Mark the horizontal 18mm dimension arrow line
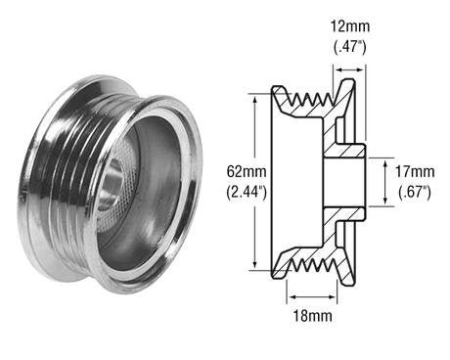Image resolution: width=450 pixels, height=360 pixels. tap(311, 291)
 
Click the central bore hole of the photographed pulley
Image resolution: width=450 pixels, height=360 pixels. tap(114, 180)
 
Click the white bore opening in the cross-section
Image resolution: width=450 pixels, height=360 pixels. tap(344, 179)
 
